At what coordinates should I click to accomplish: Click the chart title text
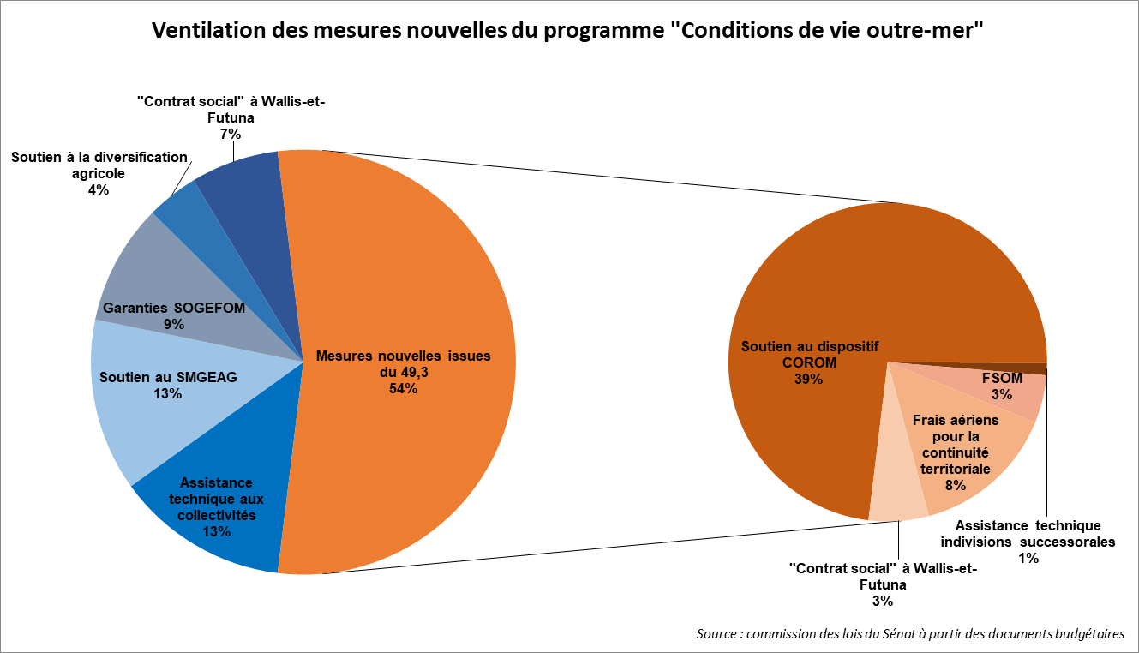[567, 31]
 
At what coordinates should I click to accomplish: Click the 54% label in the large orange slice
[403, 388]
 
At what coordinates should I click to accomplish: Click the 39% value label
[808, 378]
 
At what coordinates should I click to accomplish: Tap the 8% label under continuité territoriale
[955, 485]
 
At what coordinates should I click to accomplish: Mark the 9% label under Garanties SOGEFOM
[174, 325]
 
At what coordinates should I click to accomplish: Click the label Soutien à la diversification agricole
[99, 165]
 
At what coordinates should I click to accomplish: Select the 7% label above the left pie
[231, 134]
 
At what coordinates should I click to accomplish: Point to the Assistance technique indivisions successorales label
[1028, 533]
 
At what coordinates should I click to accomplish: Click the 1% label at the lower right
[1028, 558]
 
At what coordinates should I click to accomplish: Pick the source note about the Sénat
[910, 634]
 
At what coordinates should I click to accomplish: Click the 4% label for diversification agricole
[99, 189]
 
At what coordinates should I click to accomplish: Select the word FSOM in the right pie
[1002, 378]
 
